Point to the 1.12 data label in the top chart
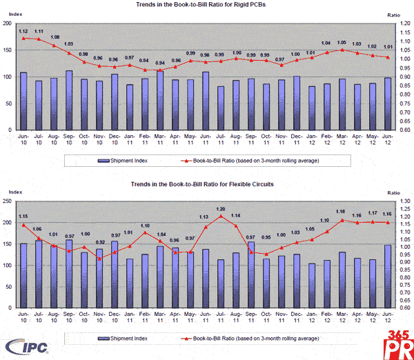click(x=23, y=31)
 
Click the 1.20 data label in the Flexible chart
click(x=221, y=209)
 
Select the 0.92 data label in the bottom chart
click(x=100, y=243)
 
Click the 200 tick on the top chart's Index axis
click(x=7, y=23)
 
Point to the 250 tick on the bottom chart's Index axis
click(x=7, y=201)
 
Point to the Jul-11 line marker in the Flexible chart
click(x=221, y=216)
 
